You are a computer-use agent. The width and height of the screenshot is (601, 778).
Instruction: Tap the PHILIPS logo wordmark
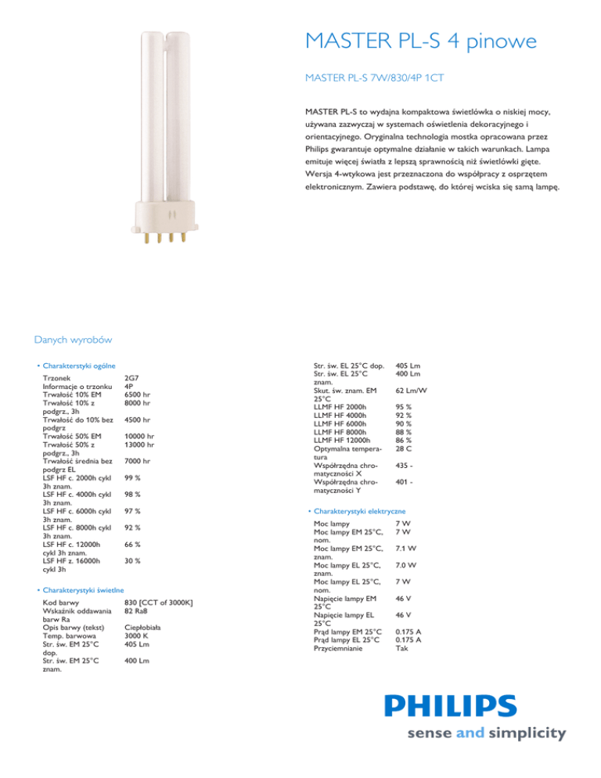pos(473,707)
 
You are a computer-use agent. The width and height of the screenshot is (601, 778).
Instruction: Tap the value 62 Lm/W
pos(416,391)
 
